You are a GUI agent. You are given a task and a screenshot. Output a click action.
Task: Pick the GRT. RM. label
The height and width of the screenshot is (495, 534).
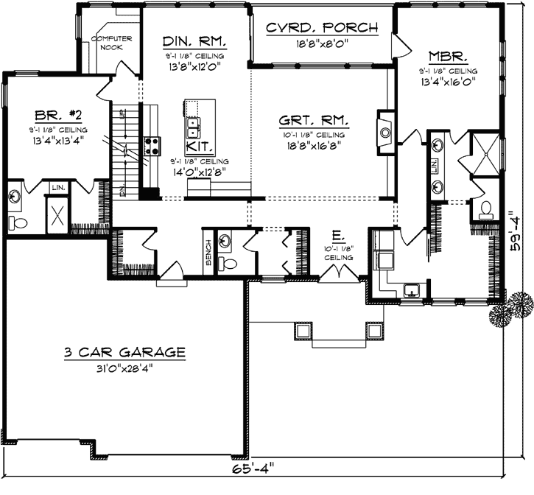pos(314,121)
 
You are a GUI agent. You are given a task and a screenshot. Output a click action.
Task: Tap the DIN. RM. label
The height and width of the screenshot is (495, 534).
pos(194,41)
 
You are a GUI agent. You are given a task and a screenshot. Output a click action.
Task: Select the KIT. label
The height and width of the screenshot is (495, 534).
pos(195,147)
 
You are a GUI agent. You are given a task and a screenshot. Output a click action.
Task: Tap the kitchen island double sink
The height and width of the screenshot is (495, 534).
pos(192,127)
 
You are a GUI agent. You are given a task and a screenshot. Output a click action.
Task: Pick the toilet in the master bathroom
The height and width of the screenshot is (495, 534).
pos(484,210)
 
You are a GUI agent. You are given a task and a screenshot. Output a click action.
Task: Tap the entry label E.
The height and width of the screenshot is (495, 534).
pos(337,236)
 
